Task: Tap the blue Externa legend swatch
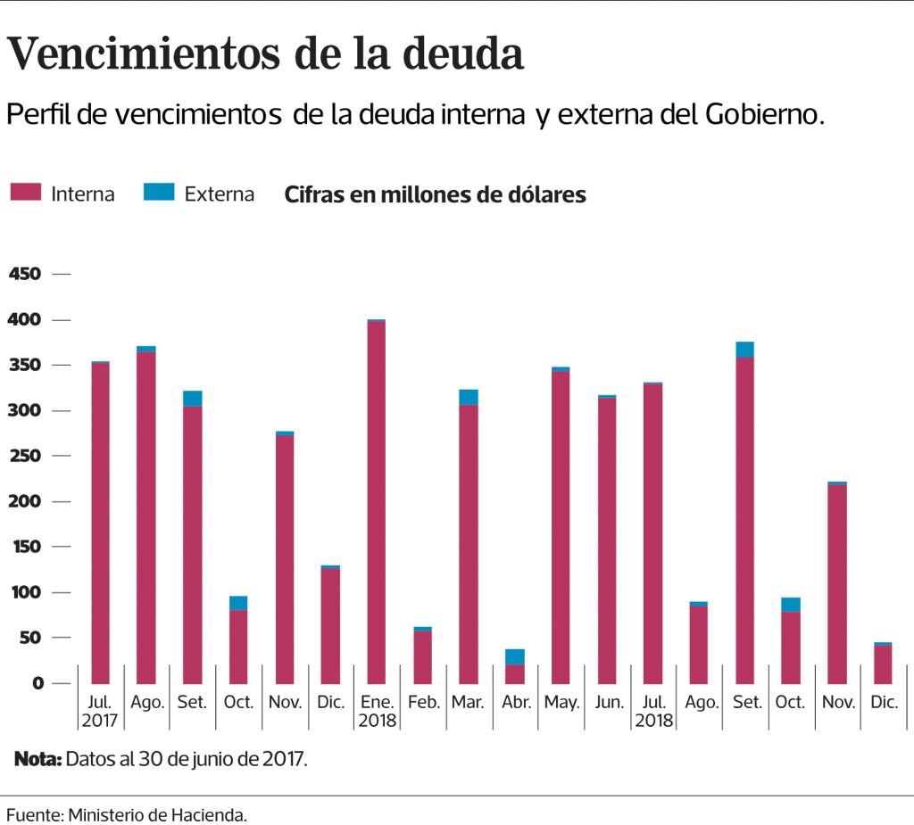(158, 192)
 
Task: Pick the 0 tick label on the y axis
(37, 684)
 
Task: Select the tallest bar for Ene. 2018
(377, 501)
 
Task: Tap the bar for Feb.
(423, 656)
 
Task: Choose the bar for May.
(561, 526)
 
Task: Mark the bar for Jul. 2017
(101, 523)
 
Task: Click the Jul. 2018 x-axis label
(653, 711)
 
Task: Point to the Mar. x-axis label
(469, 703)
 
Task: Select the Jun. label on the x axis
(608, 703)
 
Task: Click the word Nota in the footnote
(37, 760)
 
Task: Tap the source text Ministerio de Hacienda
(157, 814)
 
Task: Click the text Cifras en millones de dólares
(435, 194)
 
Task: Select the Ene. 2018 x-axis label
(377, 711)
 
